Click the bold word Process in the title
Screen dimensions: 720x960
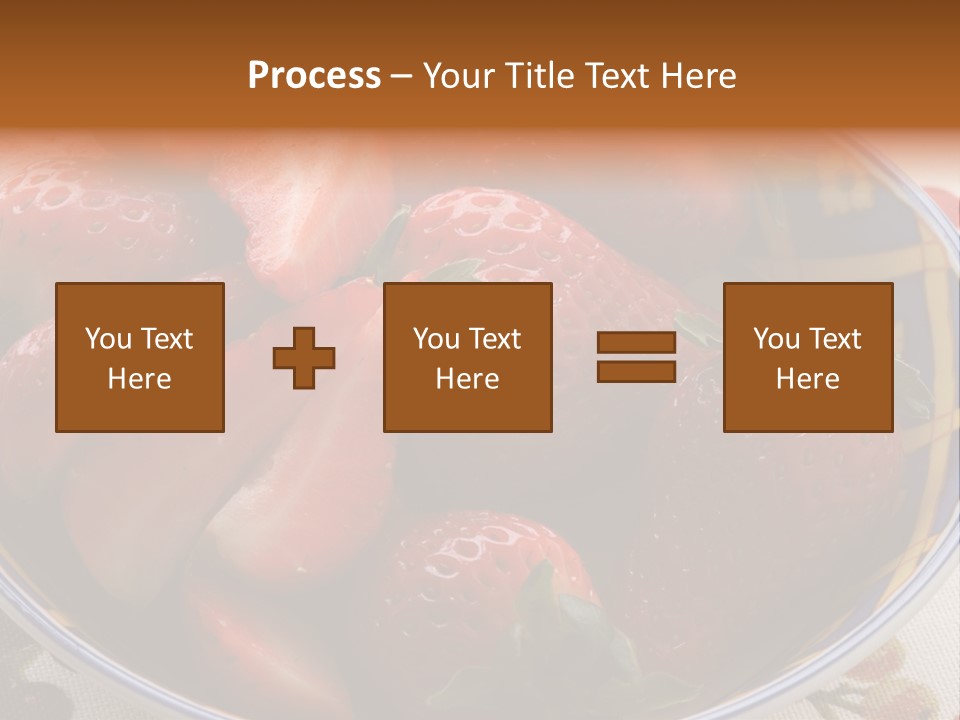coord(314,76)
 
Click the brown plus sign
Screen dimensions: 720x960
coord(304,358)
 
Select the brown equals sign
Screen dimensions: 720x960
coord(636,357)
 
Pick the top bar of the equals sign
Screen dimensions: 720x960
coord(636,343)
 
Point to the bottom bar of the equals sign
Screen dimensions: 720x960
coord(636,371)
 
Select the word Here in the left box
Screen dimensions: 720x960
coord(140,379)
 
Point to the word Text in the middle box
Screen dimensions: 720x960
coord(494,339)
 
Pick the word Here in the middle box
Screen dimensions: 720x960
coord(468,379)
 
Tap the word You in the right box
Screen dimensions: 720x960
coord(776,339)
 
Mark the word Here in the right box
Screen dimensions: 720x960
coord(808,379)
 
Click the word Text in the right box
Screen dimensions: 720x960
coord(834,339)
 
